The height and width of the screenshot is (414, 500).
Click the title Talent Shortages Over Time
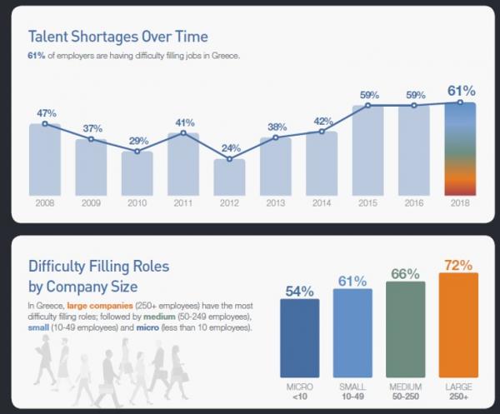(117, 37)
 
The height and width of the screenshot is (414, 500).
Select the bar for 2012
(230, 177)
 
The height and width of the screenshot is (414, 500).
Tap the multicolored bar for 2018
(460, 150)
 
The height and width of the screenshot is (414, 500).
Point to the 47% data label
(46, 112)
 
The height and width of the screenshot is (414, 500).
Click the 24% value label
(231, 147)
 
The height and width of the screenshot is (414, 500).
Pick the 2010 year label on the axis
(137, 202)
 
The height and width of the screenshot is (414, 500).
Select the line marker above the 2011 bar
(184, 132)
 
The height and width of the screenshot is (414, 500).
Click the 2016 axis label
(414, 202)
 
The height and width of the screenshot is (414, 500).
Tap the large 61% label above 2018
(460, 90)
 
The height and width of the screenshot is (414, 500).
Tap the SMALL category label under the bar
(353, 387)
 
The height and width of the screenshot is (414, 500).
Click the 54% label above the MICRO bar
(300, 292)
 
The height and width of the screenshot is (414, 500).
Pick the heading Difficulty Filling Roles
(99, 267)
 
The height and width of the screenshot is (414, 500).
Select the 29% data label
(137, 142)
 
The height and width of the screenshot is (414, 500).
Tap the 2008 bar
(46, 160)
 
